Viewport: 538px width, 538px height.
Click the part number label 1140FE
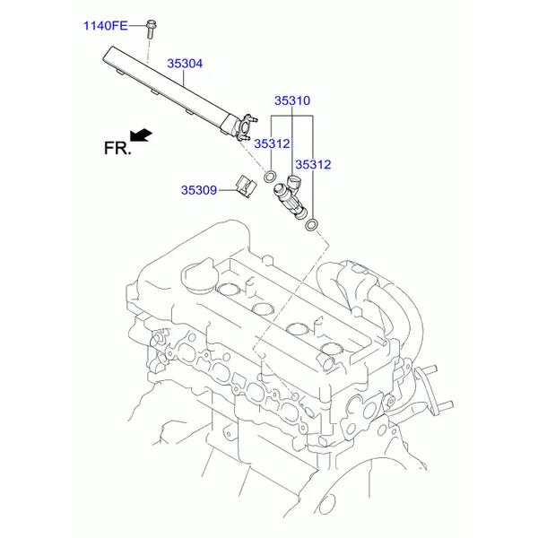click(x=106, y=26)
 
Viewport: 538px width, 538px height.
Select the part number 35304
click(x=185, y=64)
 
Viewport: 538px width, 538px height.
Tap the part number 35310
click(x=292, y=100)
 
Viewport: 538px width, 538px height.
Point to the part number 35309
click(x=199, y=190)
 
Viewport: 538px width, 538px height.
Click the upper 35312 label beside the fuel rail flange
click(x=272, y=143)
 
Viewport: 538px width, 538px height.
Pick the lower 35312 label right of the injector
click(x=313, y=165)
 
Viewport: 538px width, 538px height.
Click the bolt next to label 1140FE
click(x=151, y=29)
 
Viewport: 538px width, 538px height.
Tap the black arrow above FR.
click(x=141, y=134)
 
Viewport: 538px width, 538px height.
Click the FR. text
click(x=117, y=149)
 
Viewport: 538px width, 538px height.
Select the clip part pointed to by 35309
click(x=246, y=187)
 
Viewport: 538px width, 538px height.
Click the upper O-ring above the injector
click(x=269, y=177)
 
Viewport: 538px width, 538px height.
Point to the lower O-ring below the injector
click(x=311, y=225)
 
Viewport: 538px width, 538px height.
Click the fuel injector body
click(x=290, y=201)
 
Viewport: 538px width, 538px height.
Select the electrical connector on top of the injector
click(x=294, y=181)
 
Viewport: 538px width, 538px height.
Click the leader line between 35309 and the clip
click(x=228, y=190)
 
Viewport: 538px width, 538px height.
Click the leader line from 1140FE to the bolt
click(x=137, y=26)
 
